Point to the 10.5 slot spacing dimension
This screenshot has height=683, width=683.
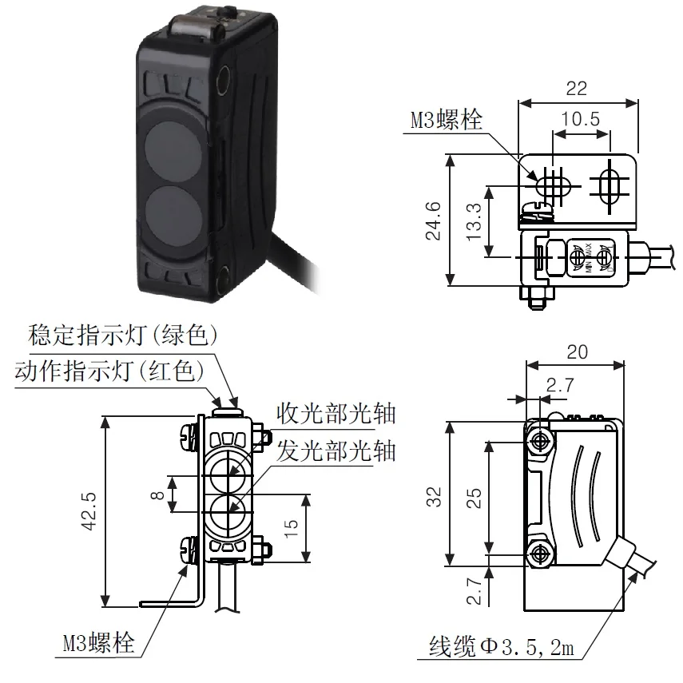pyautogui.click(x=580, y=120)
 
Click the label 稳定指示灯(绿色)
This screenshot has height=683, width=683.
pyautogui.click(x=123, y=336)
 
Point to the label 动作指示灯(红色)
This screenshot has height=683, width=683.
pyautogui.click(x=113, y=371)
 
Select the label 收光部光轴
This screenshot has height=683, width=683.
pyautogui.click(x=336, y=414)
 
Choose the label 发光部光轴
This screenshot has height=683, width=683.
pyautogui.click(x=336, y=451)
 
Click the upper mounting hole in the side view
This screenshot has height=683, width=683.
pyautogui.click(x=542, y=441)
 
